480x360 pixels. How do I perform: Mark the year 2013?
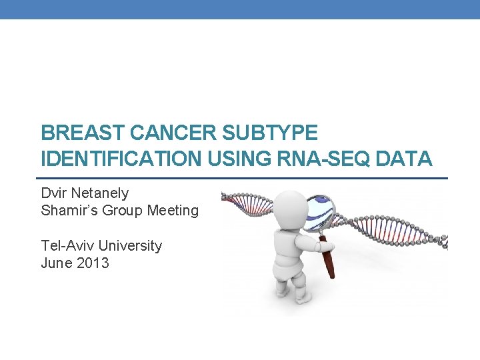tap(93, 263)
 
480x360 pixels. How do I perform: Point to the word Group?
tap(125, 211)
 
